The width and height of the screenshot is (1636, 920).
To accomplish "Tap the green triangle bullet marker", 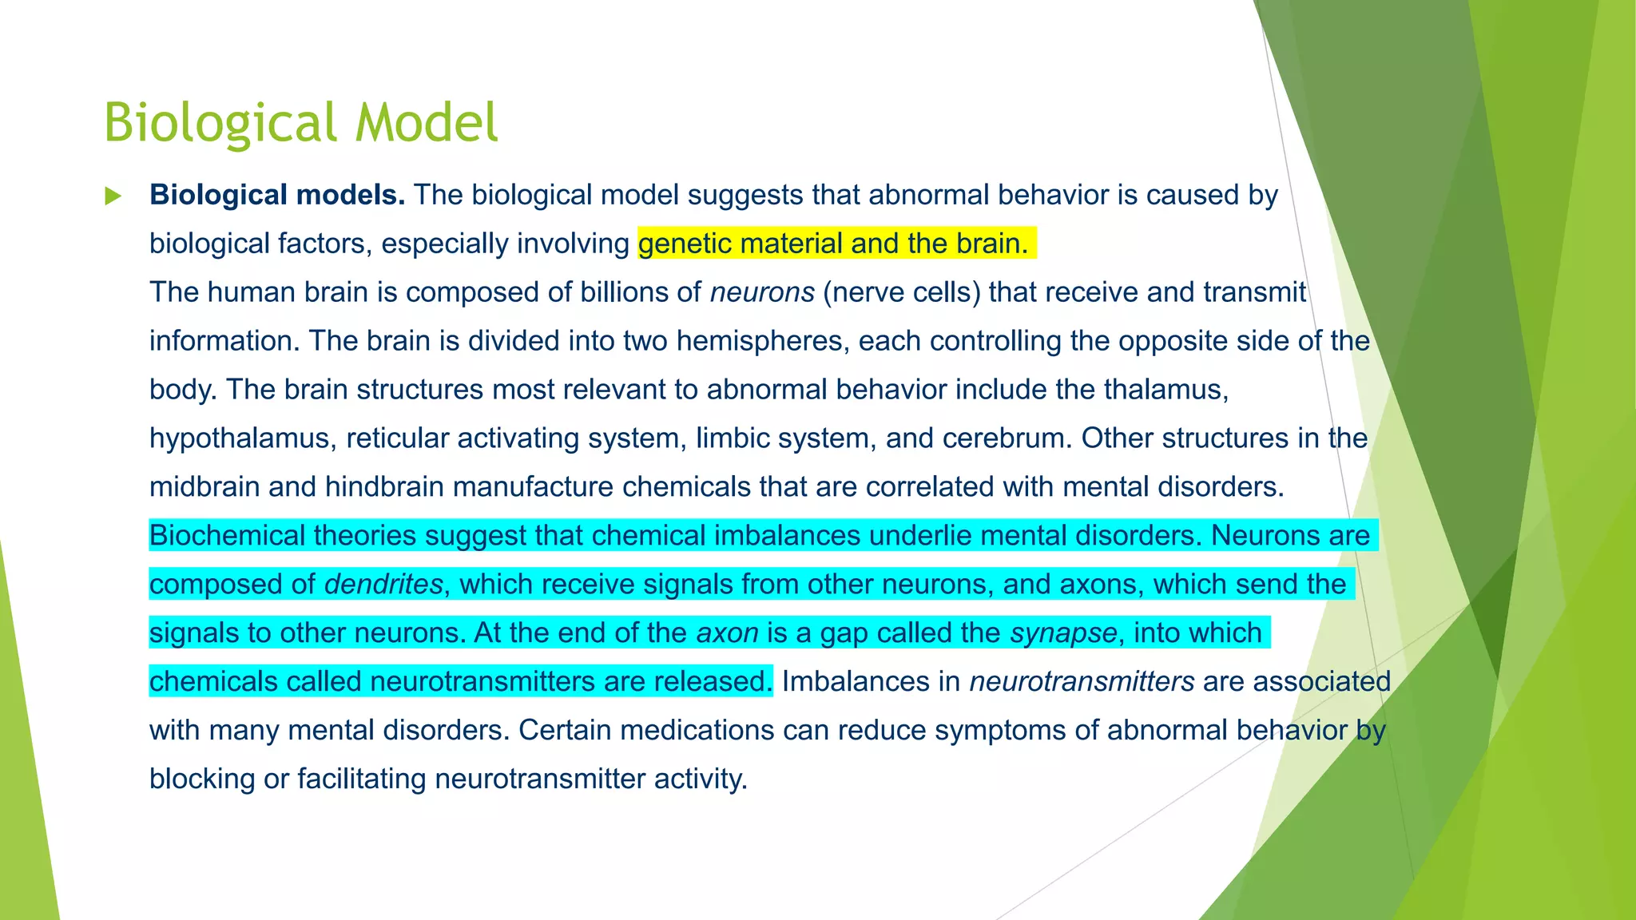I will tap(113, 196).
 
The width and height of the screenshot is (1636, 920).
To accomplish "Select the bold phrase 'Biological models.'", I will tap(277, 195).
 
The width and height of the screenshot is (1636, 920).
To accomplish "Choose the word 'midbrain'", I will tap(204, 487).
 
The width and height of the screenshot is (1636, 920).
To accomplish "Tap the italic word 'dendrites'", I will tap(383, 585).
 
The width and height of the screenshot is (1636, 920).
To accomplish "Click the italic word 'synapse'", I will tap(1062, 633).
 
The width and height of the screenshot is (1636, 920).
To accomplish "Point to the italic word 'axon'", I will tap(727, 633).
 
